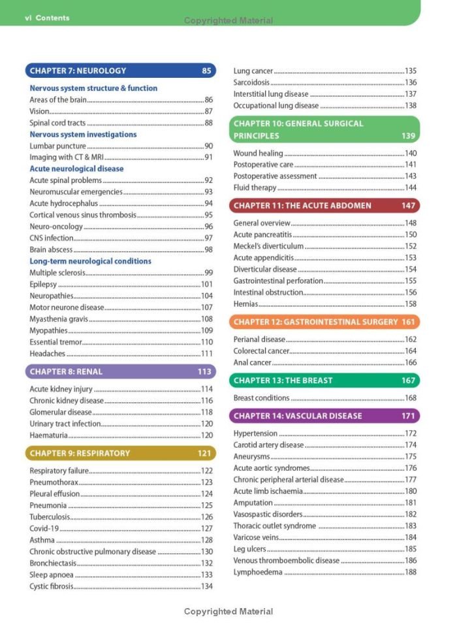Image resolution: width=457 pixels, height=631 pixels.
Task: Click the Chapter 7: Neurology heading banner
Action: tap(121, 71)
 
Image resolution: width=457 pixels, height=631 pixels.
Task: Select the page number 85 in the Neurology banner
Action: tap(207, 71)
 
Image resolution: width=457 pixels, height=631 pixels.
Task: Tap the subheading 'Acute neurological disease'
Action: tap(76, 169)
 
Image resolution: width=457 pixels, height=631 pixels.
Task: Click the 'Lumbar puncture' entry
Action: tap(57, 146)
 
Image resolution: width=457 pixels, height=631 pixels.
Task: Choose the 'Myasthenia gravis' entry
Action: tap(58, 319)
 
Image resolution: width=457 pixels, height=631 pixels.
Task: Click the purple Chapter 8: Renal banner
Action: tap(121, 371)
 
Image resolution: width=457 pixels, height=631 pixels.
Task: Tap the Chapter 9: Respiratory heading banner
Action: tap(121, 453)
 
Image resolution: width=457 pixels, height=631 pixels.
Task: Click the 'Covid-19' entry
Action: tap(44, 528)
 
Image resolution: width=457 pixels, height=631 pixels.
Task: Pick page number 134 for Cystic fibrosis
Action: tap(207, 586)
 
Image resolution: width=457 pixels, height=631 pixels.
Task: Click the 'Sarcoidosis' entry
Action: tap(251, 82)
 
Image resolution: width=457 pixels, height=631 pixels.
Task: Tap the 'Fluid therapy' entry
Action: tap(255, 188)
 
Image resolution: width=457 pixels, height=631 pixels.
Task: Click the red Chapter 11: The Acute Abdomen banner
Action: tap(324, 205)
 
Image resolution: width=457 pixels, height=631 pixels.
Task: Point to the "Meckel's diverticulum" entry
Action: tap(268, 247)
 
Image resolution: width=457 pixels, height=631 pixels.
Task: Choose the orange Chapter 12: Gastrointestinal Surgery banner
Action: tap(324, 322)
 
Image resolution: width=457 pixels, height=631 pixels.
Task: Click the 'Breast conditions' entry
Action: tap(261, 398)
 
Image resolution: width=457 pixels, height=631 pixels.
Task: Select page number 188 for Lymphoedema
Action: tap(411, 572)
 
